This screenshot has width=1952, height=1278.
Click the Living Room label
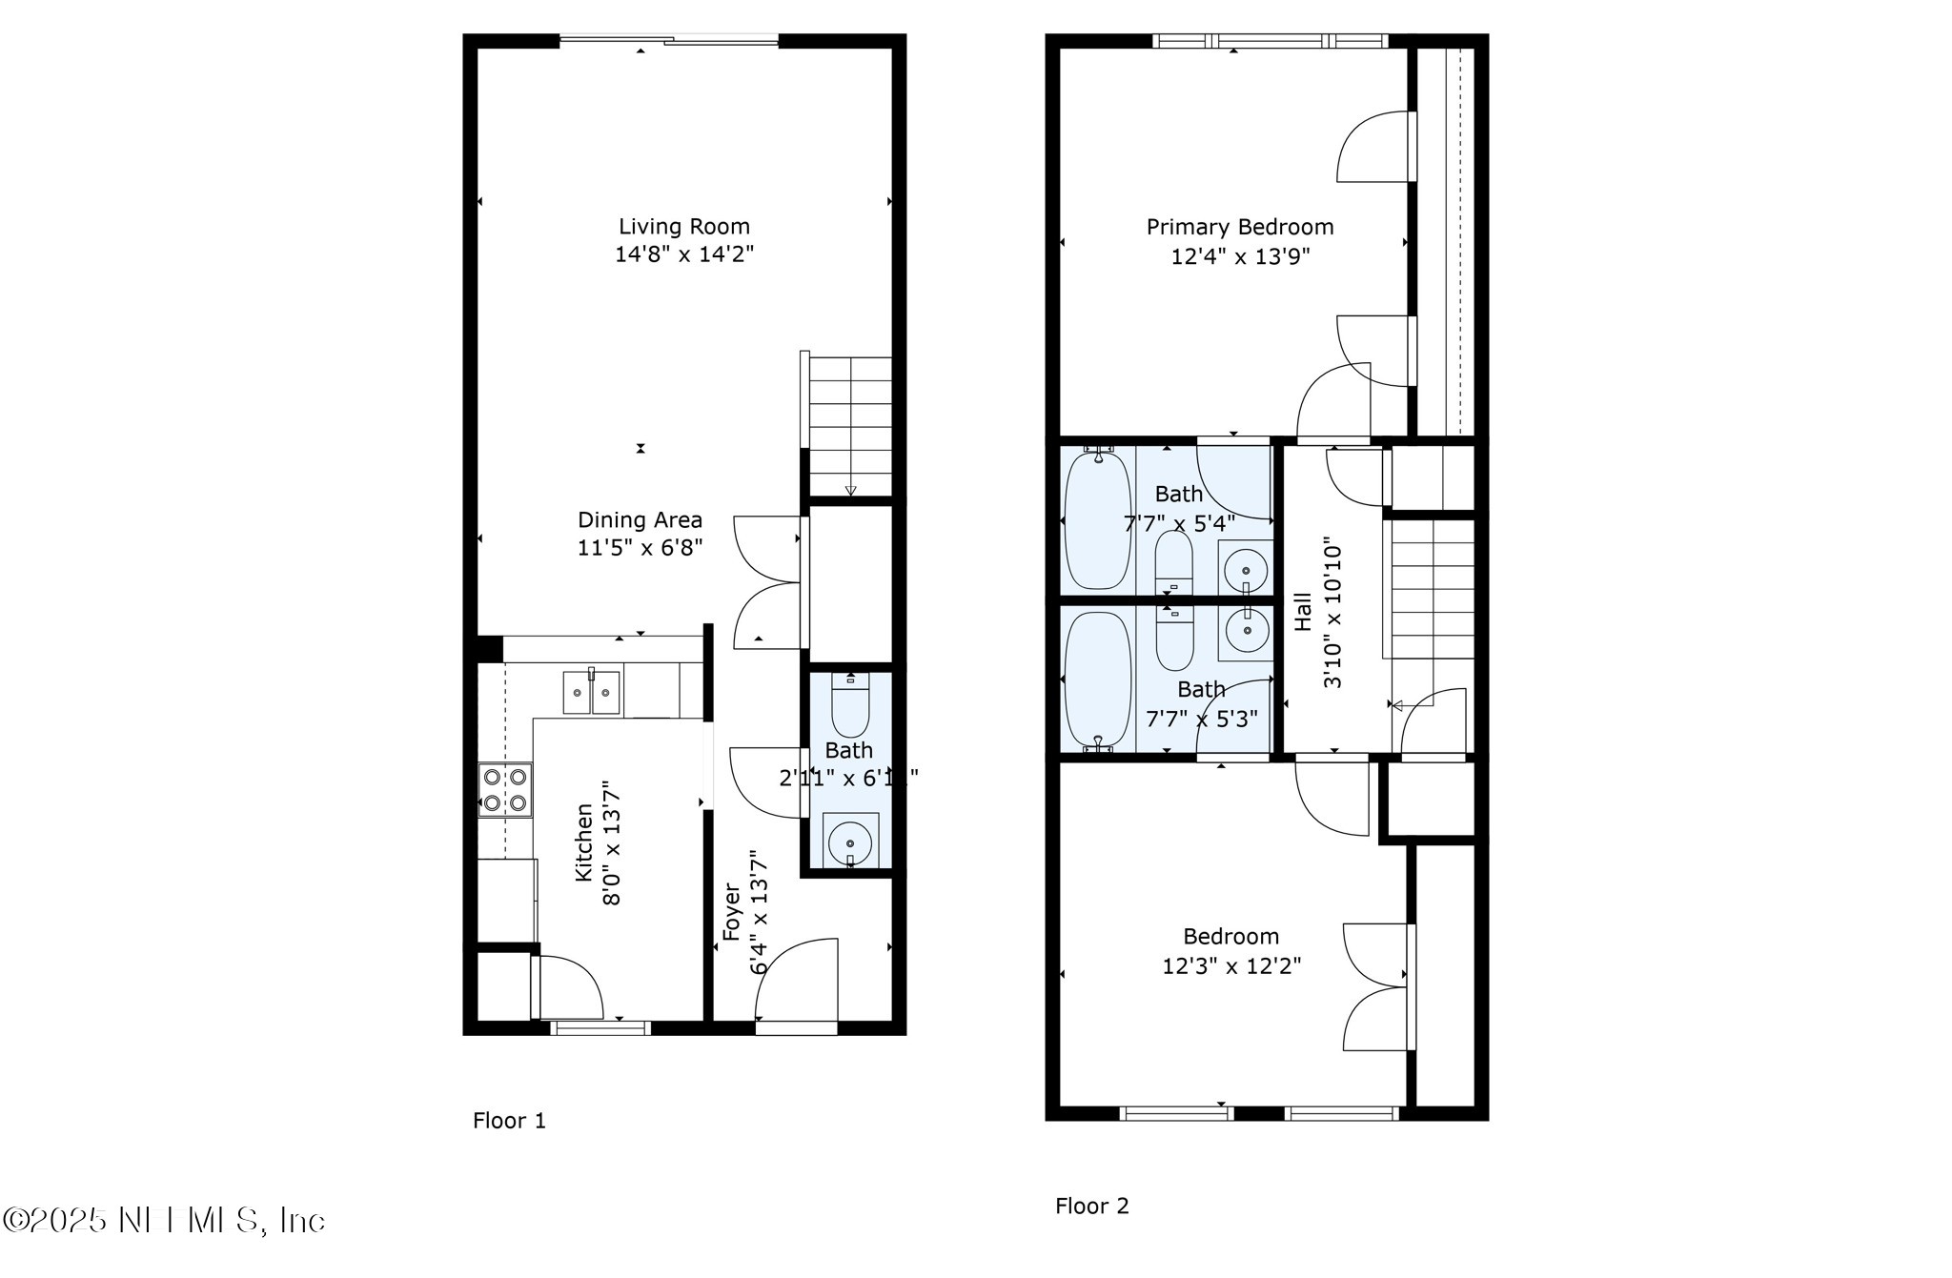[x=683, y=227]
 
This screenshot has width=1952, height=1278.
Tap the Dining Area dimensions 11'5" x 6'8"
[x=640, y=548]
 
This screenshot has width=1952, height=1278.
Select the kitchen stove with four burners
[x=505, y=790]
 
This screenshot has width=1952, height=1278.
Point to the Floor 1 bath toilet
[x=850, y=705]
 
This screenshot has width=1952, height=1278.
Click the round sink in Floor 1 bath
[x=850, y=842]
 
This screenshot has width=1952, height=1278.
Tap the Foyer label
[x=732, y=912]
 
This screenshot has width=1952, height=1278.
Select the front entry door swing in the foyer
[x=797, y=982]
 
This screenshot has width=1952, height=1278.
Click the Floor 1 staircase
[x=849, y=424]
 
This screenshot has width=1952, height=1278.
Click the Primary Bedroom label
[x=1239, y=227]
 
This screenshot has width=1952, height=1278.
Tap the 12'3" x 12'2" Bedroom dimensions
[x=1231, y=966]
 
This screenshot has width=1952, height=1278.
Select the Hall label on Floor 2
[x=1303, y=612]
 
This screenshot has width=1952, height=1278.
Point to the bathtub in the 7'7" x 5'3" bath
[x=1098, y=679]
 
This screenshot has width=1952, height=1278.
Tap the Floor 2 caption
[x=1091, y=1207]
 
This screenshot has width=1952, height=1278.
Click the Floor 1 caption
[x=509, y=1121]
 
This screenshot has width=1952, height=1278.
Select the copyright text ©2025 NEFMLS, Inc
[x=164, y=1221]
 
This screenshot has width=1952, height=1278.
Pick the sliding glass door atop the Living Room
[x=669, y=40]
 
